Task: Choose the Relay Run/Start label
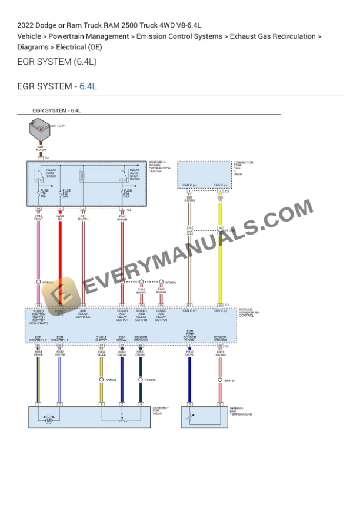coord(51,173)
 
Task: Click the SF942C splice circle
coord(38,283)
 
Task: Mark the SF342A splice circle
coord(161,283)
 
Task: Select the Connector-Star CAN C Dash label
coord(242,168)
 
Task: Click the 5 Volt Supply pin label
coord(101,339)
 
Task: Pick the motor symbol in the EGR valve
coord(49,420)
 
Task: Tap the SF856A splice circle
coord(101,380)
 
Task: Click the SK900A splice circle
coord(140,380)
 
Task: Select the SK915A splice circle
coord(220,381)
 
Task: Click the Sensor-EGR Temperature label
coord(241,411)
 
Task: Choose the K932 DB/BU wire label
coord(189,353)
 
